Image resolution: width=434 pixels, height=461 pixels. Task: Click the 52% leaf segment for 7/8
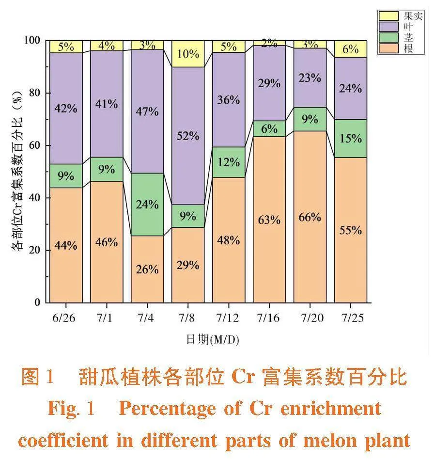(x=188, y=136)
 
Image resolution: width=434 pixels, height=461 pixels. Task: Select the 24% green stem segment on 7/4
(x=147, y=204)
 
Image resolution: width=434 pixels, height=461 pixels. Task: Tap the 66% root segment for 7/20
(x=310, y=217)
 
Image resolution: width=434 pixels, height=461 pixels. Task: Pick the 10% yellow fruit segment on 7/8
(x=188, y=54)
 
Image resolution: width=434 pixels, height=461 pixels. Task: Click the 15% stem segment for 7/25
(x=351, y=138)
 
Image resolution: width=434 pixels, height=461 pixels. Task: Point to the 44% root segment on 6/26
(x=66, y=245)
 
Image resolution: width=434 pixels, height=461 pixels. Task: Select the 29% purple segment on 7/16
(x=269, y=83)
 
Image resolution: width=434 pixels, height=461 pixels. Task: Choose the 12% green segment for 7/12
(x=229, y=162)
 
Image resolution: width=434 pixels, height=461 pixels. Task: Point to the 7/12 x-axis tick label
(x=229, y=318)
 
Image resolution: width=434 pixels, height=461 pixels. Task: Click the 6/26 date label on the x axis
(x=66, y=318)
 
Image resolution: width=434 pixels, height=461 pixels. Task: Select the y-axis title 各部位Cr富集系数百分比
(x=17, y=172)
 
